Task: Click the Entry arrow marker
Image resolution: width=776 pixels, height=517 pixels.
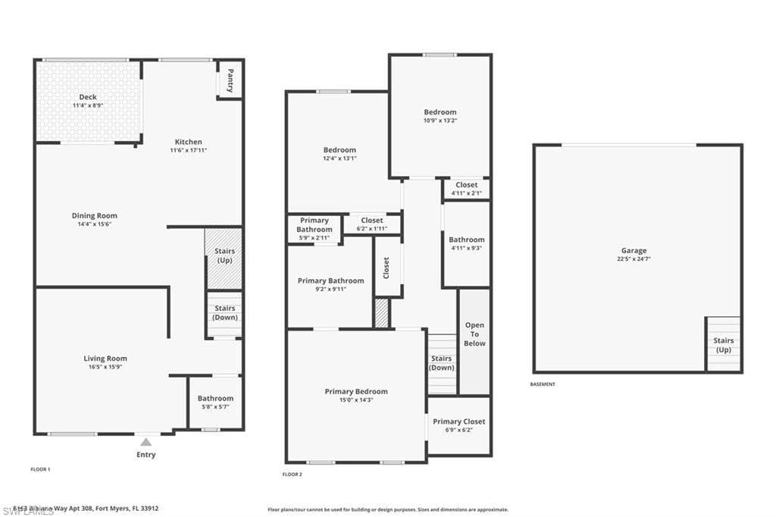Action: [x=145, y=441]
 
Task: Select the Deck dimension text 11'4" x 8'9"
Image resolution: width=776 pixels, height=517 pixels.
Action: [x=88, y=106]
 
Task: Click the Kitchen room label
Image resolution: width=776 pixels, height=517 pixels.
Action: [x=189, y=142]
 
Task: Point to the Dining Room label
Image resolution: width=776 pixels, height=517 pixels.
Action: [x=95, y=216]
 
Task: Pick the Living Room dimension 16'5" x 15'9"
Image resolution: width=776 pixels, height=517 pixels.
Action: [x=105, y=367]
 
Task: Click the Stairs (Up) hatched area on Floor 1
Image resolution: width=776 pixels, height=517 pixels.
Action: [x=224, y=258]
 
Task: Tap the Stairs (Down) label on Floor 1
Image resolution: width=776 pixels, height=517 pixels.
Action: [x=225, y=312]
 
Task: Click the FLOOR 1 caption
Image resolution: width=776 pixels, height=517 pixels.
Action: [x=40, y=470]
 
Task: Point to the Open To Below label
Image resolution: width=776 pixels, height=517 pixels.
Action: [x=474, y=334]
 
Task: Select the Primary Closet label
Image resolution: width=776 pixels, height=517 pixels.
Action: [x=459, y=421]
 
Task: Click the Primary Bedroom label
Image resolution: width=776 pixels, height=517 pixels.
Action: [x=356, y=392]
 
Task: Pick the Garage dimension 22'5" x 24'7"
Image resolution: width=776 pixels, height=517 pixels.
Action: [x=634, y=259]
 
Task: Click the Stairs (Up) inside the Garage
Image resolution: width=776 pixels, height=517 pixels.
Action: [x=723, y=345]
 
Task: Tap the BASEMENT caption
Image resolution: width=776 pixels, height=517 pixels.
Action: [x=543, y=384]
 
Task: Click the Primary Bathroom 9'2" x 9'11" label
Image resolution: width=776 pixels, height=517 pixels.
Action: [x=330, y=280]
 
